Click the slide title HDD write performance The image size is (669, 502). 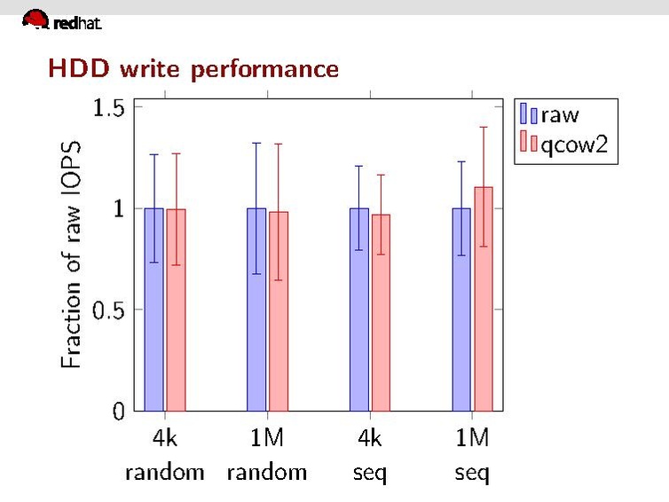click(193, 68)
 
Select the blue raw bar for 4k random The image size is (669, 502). click(154, 310)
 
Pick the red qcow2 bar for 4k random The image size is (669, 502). click(176, 310)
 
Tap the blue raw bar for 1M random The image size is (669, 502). click(256, 310)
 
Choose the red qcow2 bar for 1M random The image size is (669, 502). click(278, 311)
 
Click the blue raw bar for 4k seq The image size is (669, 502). click(358, 310)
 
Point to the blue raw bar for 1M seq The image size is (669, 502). click(461, 310)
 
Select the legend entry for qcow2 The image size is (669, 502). click(565, 145)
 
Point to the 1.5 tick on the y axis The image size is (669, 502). click(107, 107)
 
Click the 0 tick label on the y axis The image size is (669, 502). click(117, 412)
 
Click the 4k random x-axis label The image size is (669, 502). click(164, 455)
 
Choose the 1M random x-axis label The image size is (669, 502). click(266, 455)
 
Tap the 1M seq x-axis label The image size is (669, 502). click(472, 455)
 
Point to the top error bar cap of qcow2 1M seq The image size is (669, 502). click(483, 127)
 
